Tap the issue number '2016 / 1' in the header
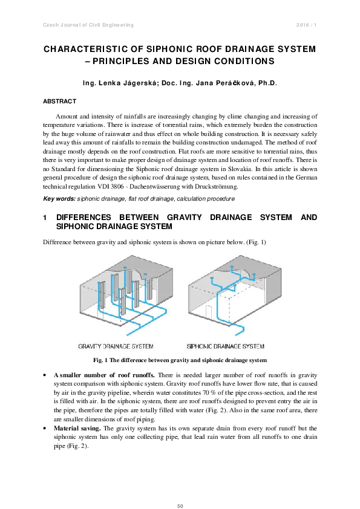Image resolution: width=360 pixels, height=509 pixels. pos(307,24)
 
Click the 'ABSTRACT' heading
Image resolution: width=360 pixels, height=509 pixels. pos(59,101)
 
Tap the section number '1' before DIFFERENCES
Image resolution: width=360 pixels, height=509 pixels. pos(45,217)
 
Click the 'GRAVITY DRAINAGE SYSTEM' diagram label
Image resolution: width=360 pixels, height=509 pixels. pos(116,346)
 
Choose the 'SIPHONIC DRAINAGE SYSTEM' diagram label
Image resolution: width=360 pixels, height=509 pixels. pos(225,346)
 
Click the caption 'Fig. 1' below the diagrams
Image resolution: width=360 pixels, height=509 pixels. pos(100,360)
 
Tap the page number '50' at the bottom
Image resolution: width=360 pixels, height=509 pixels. pos(180,488)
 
